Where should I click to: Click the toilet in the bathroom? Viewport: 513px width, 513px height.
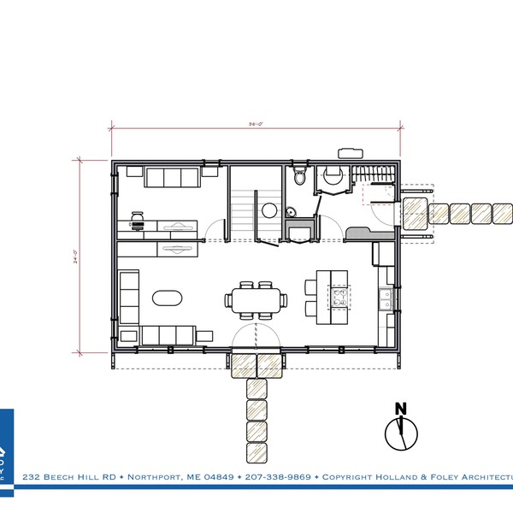pyautogui.click(x=298, y=177)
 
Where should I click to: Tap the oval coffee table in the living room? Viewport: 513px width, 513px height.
pyautogui.click(x=167, y=298)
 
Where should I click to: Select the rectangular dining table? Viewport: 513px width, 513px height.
pyautogui.click(x=256, y=299)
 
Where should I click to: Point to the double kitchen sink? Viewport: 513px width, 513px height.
pyautogui.click(x=386, y=299)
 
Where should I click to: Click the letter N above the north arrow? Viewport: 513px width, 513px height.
pyautogui.click(x=398, y=408)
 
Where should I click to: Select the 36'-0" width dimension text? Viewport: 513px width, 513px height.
pyautogui.click(x=255, y=125)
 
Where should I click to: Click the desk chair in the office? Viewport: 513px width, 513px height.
pyautogui.click(x=136, y=217)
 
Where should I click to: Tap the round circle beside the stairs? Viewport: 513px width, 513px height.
pyautogui.click(x=268, y=208)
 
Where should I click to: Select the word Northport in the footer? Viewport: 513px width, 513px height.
pyautogui.click(x=154, y=476)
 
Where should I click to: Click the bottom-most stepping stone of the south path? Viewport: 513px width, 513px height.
pyautogui.click(x=256, y=453)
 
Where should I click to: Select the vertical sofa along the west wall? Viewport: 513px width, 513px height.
pyautogui.click(x=127, y=295)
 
